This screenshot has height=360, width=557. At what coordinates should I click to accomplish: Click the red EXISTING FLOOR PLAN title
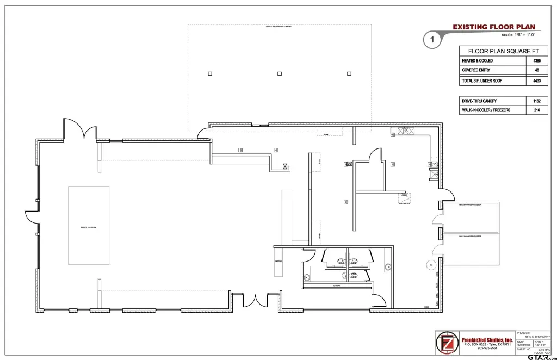point(494,27)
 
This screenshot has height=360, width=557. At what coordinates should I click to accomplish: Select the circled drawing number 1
point(431,40)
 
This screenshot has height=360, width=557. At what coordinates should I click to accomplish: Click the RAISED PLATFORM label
point(88,227)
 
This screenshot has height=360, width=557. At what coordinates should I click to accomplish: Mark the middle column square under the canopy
point(280,73)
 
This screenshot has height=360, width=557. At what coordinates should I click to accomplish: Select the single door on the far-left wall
point(31,215)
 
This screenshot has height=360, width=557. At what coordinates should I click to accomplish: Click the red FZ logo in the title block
point(447,343)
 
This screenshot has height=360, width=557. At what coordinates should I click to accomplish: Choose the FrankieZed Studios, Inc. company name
point(487,340)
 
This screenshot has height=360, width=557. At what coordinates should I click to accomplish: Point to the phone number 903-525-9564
point(487,349)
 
